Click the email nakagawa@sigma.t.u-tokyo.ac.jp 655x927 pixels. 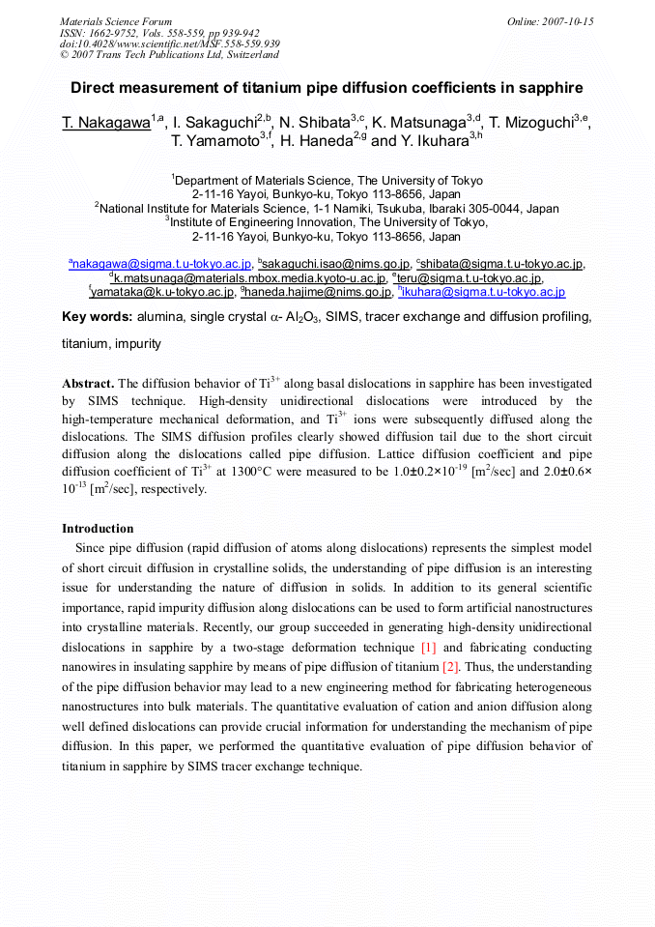(x=161, y=264)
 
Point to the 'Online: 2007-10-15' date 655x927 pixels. (x=550, y=21)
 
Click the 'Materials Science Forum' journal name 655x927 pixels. (x=116, y=21)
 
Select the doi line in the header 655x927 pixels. (x=169, y=44)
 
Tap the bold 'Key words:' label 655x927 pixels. (x=97, y=317)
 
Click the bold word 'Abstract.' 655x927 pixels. (x=88, y=384)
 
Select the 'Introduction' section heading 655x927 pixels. (x=98, y=529)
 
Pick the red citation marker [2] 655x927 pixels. (x=450, y=666)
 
